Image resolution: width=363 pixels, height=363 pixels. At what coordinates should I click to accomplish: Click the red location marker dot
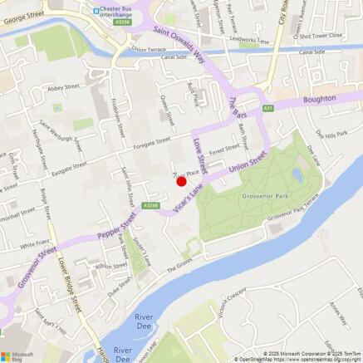click(x=181, y=179)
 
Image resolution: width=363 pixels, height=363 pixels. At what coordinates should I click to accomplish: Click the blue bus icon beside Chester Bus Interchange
click(x=97, y=10)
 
